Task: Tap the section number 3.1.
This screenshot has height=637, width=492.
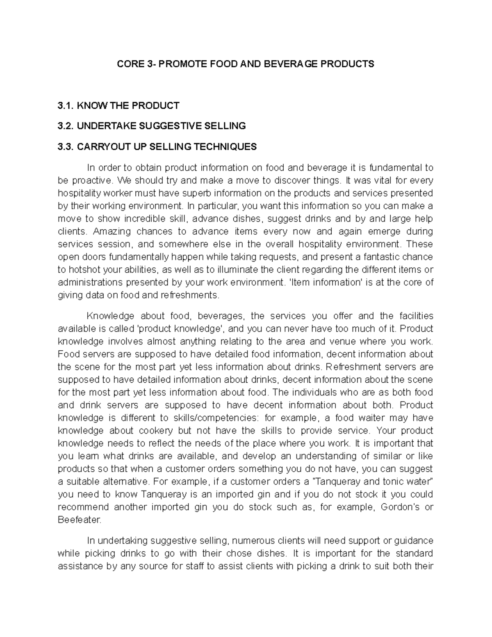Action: click(65, 105)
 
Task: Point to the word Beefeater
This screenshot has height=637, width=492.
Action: click(79, 520)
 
